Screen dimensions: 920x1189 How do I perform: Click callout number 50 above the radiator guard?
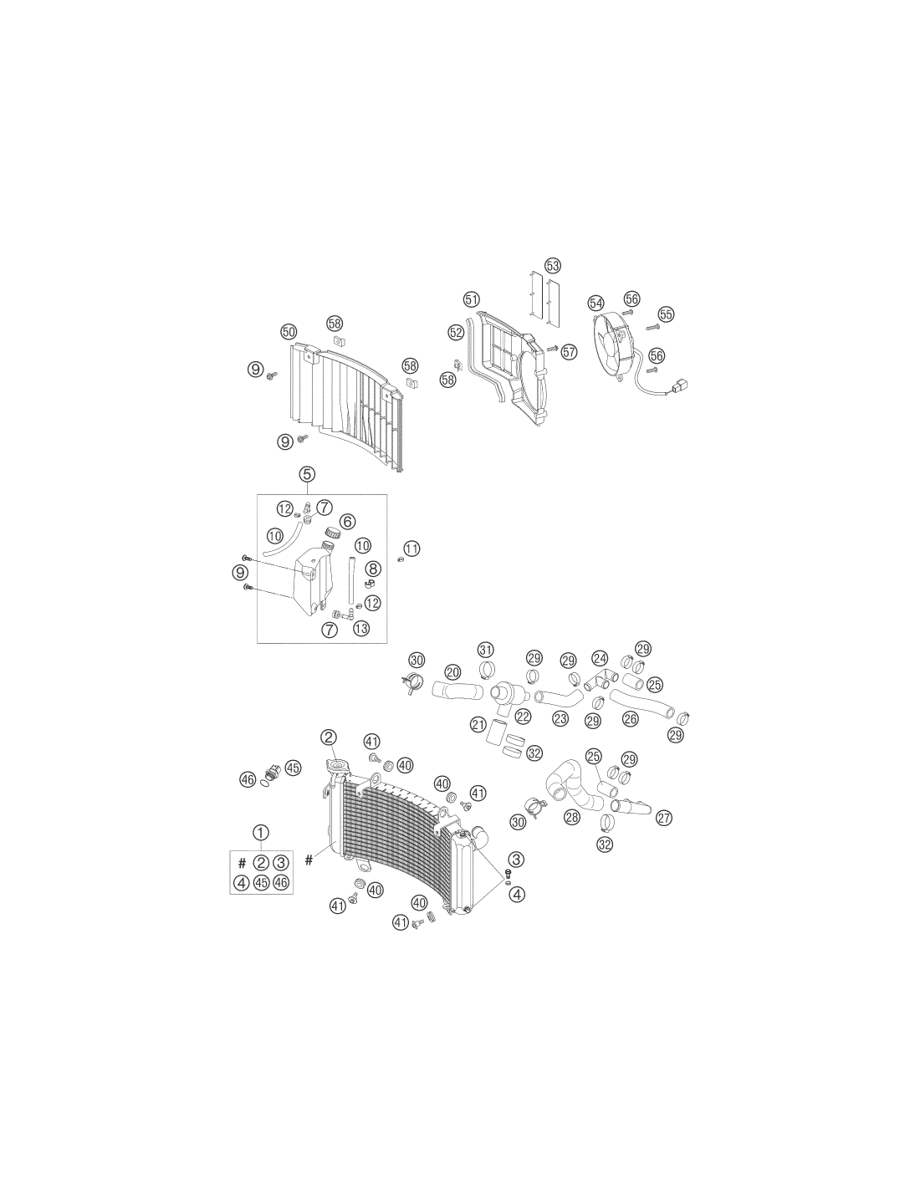pyautogui.click(x=289, y=332)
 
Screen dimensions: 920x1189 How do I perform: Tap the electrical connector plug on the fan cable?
pyautogui.click(x=680, y=385)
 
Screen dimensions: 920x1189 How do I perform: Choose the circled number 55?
pyautogui.click(x=666, y=314)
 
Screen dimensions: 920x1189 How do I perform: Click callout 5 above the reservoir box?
pyautogui.click(x=308, y=474)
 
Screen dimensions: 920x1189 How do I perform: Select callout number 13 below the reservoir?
pyautogui.click(x=361, y=629)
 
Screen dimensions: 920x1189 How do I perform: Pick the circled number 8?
pyautogui.click(x=373, y=569)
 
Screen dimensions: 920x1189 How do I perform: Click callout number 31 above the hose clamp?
pyautogui.click(x=485, y=650)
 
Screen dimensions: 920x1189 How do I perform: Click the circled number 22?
pyautogui.click(x=523, y=716)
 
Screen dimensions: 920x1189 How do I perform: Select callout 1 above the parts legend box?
pyautogui.click(x=261, y=833)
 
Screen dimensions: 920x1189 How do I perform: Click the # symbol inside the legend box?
pyautogui.click(x=243, y=863)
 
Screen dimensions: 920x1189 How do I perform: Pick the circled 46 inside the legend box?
pyautogui.click(x=281, y=883)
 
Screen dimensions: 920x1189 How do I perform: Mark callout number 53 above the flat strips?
pyautogui.click(x=553, y=266)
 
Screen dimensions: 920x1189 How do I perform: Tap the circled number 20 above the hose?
pyautogui.click(x=452, y=672)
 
